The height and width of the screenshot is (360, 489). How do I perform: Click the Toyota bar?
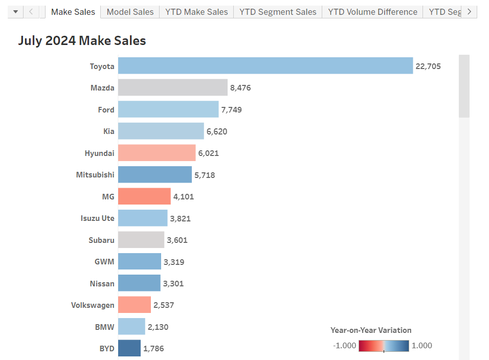(x=265, y=66)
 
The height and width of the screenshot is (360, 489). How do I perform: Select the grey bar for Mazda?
(x=172, y=87)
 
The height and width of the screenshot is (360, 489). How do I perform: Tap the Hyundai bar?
(x=157, y=153)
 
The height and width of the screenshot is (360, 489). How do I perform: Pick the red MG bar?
(x=144, y=196)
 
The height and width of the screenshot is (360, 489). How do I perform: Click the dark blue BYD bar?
(x=129, y=348)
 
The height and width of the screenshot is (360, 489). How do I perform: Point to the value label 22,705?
(x=428, y=66)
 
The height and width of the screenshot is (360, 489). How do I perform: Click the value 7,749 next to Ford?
(x=232, y=109)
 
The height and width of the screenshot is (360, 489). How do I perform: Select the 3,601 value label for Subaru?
(x=177, y=240)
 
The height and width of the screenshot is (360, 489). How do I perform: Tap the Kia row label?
(x=108, y=131)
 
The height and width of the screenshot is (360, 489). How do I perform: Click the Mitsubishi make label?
(x=95, y=175)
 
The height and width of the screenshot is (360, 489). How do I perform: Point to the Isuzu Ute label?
(x=98, y=218)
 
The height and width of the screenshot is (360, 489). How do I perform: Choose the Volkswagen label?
(x=93, y=305)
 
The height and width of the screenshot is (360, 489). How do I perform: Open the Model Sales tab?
(x=130, y=12)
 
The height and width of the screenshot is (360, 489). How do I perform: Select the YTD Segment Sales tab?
(x=278, y=12)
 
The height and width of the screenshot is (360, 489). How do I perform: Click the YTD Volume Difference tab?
(x=372, y=12)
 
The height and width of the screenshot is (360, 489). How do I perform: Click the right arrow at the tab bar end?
(x=469, y=12)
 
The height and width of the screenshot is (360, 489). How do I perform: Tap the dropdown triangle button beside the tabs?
(x=15, y=12)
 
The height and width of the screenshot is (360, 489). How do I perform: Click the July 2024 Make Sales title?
(x=82, y=41)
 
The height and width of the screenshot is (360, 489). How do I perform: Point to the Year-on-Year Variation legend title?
(x=371, y=330)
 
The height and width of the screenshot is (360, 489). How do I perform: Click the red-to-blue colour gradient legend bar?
(x=384, y=346)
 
